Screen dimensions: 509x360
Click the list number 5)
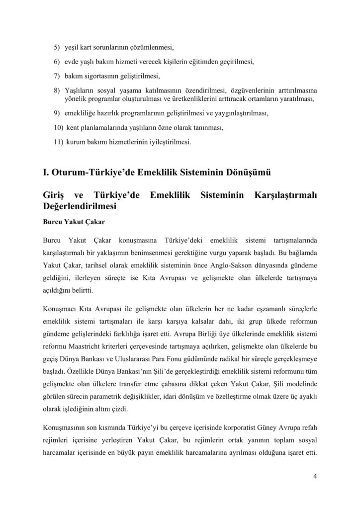(x=57, y=48)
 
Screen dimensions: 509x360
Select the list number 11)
(x=58, y=142)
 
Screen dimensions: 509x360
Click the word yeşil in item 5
(x=72, y=48)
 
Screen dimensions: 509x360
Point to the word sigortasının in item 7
(x=99, y=77)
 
